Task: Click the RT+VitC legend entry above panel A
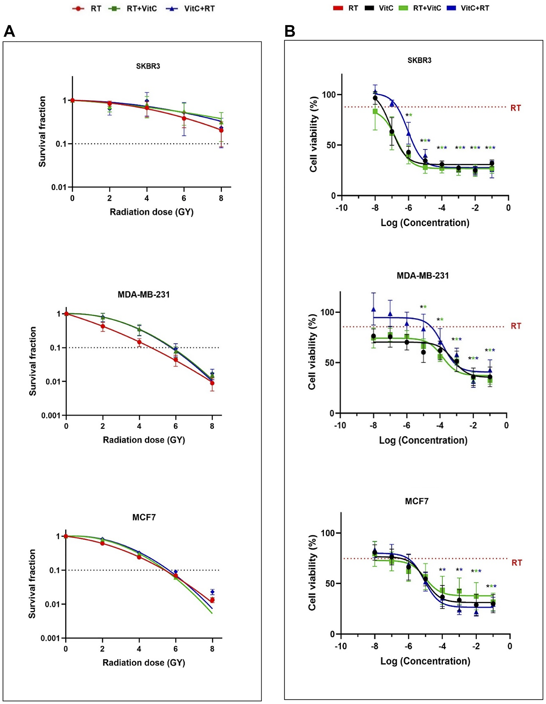[137, 9]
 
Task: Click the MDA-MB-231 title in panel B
[423, 276]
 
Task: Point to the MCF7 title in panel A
[144, 517]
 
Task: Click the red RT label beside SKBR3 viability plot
[515, 108]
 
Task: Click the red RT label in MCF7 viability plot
[516, 563]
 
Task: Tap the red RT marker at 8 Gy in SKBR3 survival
[221, 131]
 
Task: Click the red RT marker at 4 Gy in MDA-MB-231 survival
[139, 342]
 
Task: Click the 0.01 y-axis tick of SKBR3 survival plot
[59, 187]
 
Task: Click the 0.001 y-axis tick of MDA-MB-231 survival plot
[51, 416]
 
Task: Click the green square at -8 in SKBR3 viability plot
[375, 111]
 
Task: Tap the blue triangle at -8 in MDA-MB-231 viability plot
[373, 309]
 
